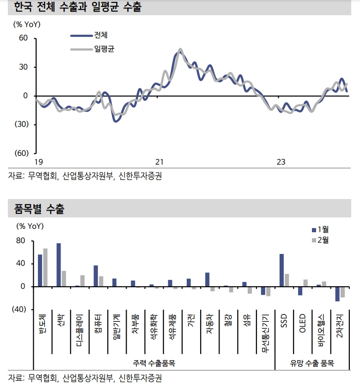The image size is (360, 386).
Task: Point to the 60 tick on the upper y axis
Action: click(23, 38)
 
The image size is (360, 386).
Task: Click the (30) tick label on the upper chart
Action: click(20, 124)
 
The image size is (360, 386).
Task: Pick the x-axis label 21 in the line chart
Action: click(159, 162)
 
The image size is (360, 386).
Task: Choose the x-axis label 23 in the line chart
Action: click(281, 162)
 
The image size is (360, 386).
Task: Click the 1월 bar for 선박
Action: click(59, 265)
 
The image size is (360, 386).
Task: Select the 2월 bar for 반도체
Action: click(45, 267)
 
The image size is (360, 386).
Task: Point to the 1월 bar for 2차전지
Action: click(337, 294)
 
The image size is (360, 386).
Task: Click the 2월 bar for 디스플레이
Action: click(82, 281)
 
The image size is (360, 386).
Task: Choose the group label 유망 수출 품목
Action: click(312, 363)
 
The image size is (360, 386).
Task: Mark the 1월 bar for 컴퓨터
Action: click(96, 276)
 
